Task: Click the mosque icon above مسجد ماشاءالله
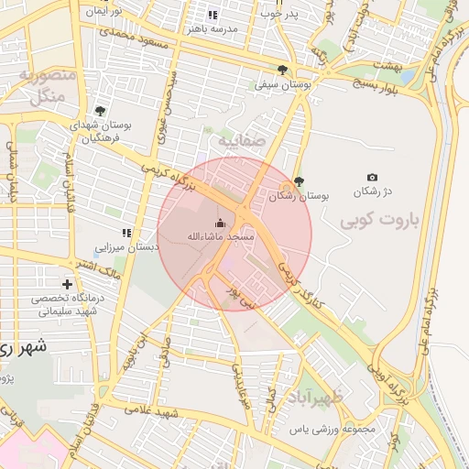(220, 222)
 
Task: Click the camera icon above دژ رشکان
(372, 177)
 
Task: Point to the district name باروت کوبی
(373, 221)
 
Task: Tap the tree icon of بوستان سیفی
(283, 69)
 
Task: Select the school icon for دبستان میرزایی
(126, 233)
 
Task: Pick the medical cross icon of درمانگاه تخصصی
(66, 285)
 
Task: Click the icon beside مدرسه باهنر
(213, 16)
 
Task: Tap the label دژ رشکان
(375, 191)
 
